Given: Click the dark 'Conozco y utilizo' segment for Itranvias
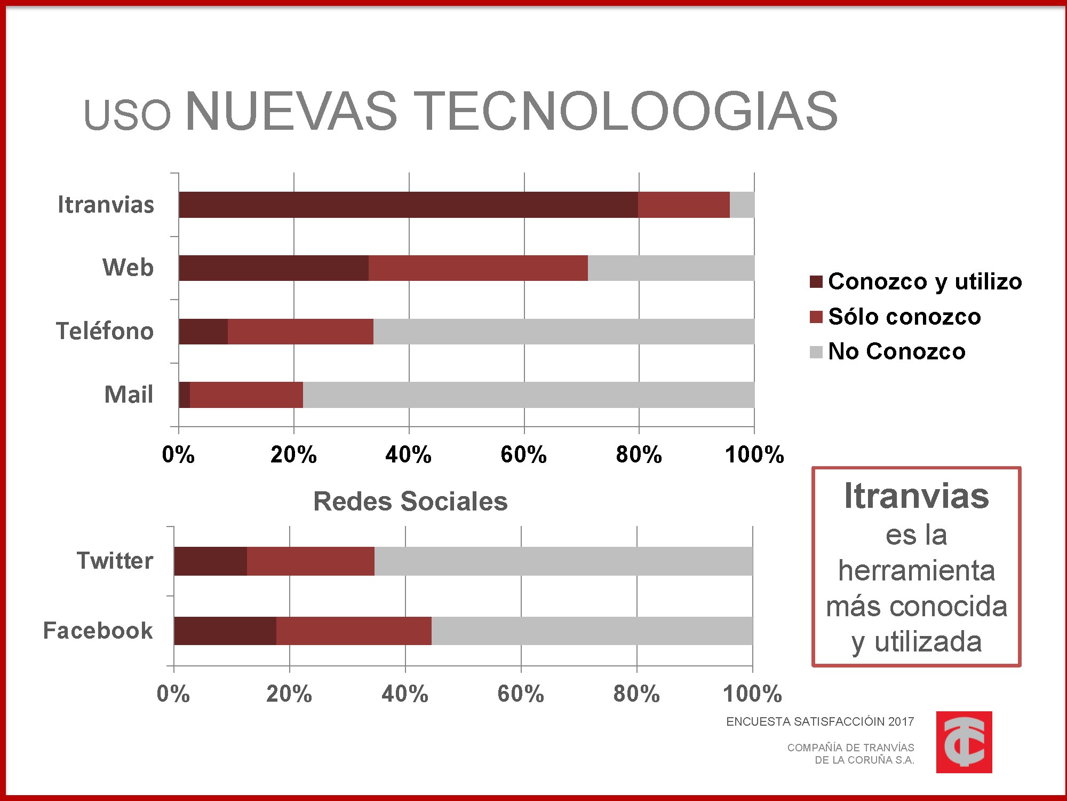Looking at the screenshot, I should (408, 205).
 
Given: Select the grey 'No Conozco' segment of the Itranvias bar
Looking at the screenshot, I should (742, 205).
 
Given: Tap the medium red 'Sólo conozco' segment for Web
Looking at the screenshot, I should (478, 268).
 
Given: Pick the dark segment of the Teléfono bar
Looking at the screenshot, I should (203, 332).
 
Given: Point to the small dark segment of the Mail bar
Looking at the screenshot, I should (185, 395).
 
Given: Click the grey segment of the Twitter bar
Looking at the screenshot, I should (563, 561).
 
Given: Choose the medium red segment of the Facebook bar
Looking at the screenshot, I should (354, 631).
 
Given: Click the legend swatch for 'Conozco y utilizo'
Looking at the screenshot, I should (816, 282).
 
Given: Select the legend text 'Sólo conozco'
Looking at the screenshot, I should (904, 317).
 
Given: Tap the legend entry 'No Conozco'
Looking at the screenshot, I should (896, 351).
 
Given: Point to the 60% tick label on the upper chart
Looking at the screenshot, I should (523, 455).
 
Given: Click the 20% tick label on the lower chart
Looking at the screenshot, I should (289, 694).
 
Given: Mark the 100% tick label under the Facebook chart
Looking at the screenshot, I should (752, 694).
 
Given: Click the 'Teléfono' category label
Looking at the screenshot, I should (105, 331).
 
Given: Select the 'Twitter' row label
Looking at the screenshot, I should (115, 561).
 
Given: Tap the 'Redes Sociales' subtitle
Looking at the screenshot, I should (410, 501).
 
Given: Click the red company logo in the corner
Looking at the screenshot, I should (964, 742).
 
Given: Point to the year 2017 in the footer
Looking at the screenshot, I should (901, 722).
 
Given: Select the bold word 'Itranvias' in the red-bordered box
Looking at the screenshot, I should (917, 496).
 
